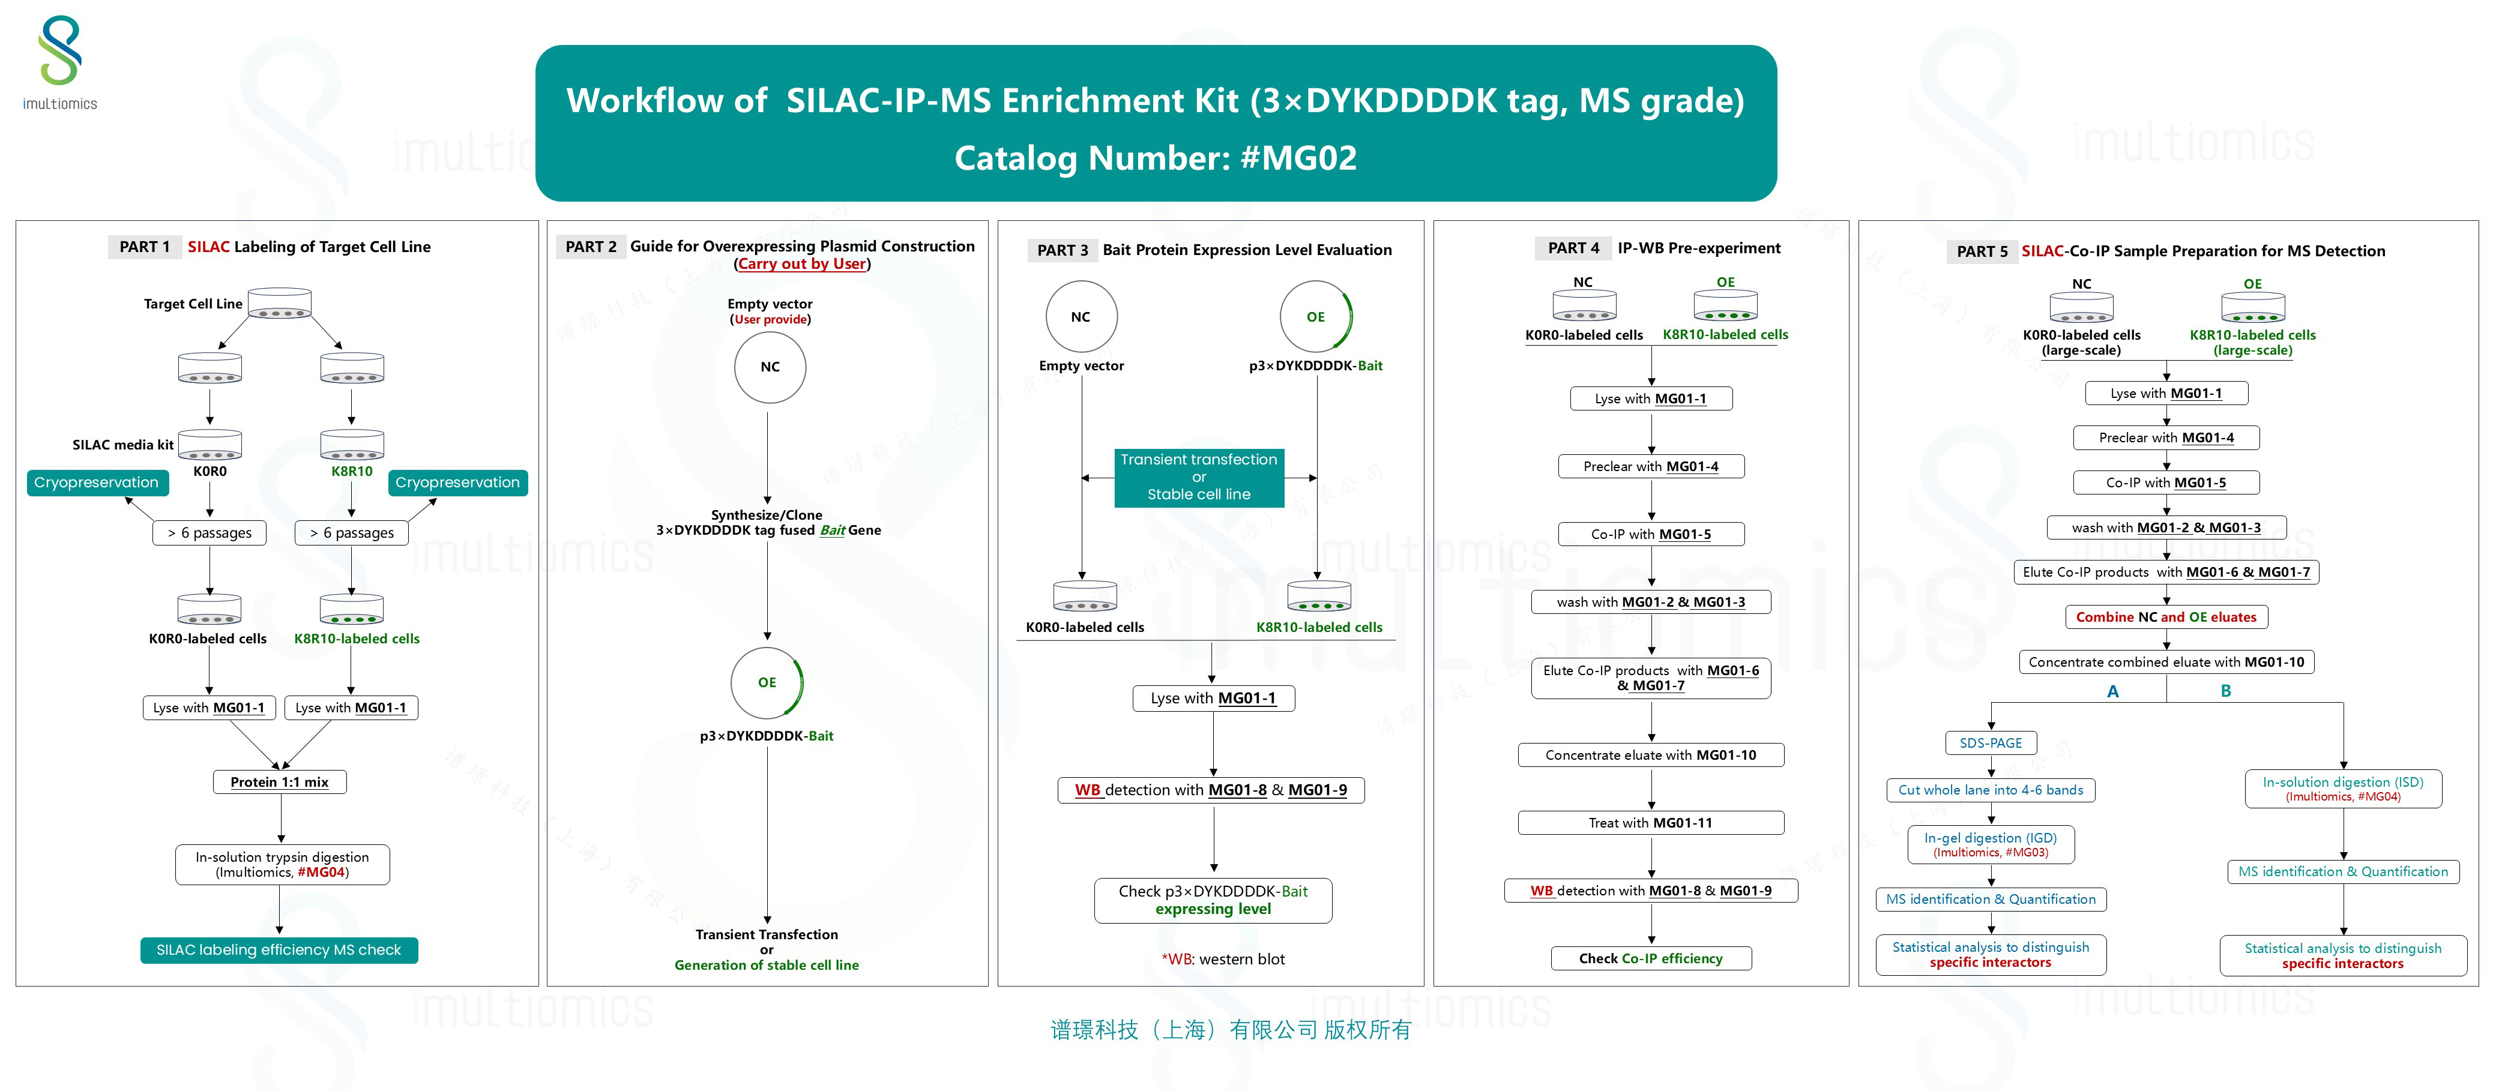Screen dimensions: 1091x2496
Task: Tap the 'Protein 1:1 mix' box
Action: pyautogui.click(x=279, y=782)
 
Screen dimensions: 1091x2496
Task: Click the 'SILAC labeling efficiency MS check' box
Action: pyautogui.click(x=279, y=949)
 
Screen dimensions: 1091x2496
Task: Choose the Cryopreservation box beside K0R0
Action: pyautogui.click(x=97, y=482)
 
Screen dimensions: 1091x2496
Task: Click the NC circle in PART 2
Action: pyautogui.click(x=770, y=367)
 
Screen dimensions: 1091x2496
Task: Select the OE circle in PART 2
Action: pyautogui.click(x=767, y=682)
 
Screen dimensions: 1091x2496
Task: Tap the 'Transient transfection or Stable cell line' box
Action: pyautogui.click(x=1199, y=476)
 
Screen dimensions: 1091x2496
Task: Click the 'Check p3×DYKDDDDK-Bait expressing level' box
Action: pyautogui.click(x=1213, y=900)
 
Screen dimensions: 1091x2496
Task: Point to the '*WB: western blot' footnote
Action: pyautogui.click(x=1223, y=959)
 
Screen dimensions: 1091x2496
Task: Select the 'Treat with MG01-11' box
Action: pyautogui.click(x=1650, y=823)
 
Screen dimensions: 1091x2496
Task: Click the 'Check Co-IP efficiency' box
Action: pyautogui.click(x=1650, y=958)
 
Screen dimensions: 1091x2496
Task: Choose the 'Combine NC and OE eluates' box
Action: pyautogui.click(x=2166, y=617)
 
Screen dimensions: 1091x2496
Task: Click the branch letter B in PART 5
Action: pyautogui.click(x=2226, y=691)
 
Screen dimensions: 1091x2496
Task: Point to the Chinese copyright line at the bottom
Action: pyautogui.click(x=1231, y=1030)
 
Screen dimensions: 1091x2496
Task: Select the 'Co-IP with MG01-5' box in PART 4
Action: pyautogui.click(x=1650, y=534)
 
